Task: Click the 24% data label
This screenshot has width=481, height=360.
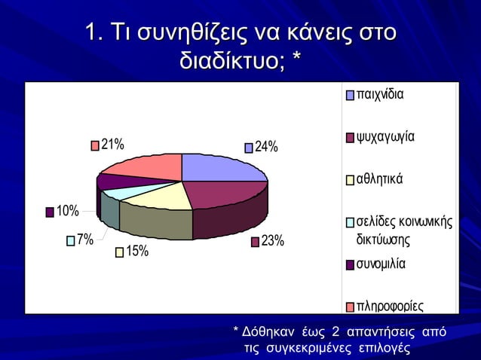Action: click(x=266, y=147)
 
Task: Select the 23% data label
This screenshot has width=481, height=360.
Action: click(x=272, y=241)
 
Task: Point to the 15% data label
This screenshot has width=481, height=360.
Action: click(x=136, y=252)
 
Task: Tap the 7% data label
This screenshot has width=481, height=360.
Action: click(x=84, y=239)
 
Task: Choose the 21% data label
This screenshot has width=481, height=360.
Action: click(x=113, y=145)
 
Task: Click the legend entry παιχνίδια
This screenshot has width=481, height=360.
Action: click(x=380, y=96)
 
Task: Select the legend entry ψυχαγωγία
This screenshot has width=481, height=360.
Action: click(x=385, y=137)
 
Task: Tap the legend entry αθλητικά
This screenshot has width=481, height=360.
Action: click(x=380, y=179)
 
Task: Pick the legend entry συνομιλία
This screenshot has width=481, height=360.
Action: click(x=381, y=264)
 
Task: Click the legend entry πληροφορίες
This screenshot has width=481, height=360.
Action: click(x=389, y=307)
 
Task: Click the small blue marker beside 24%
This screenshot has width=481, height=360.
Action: click(x=248, y=148)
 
